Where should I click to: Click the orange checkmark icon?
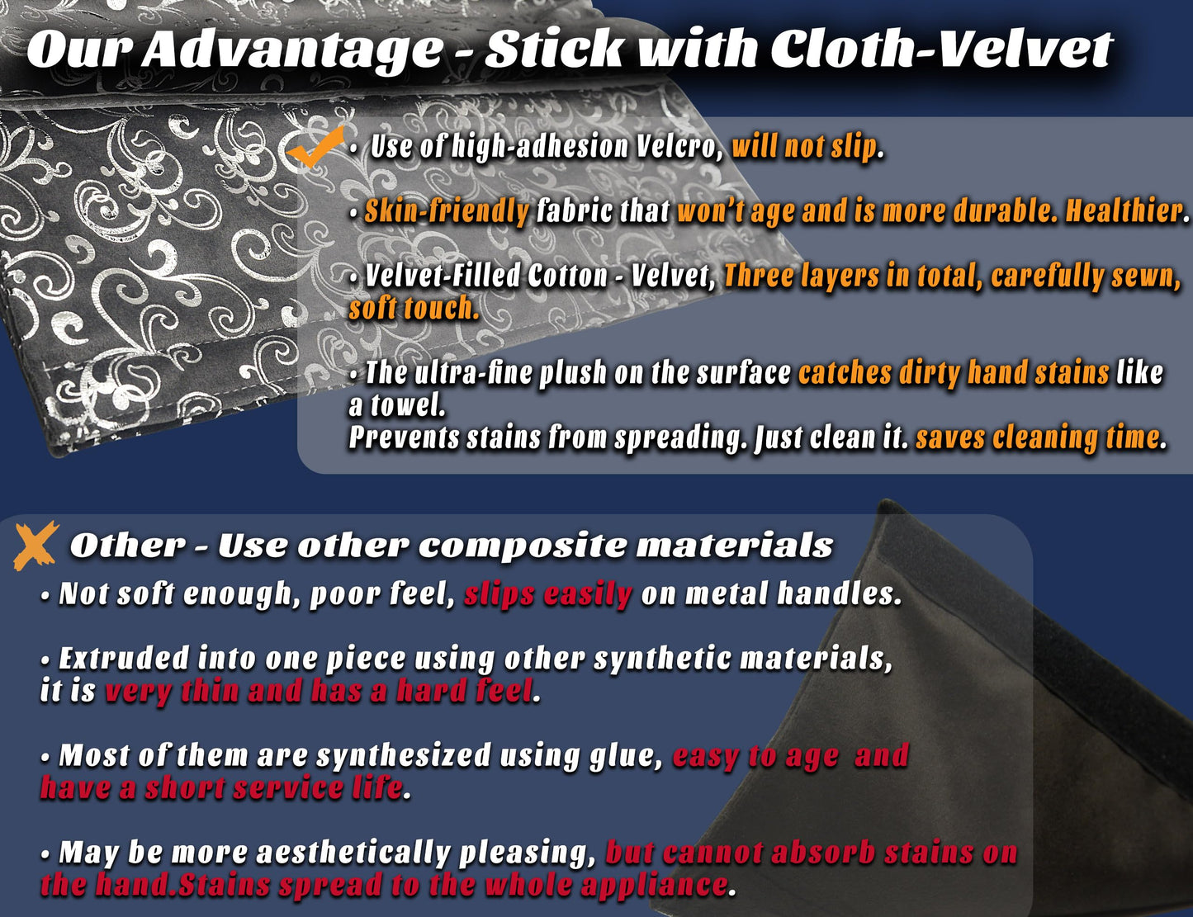tap(315, 148)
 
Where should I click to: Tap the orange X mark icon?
tap(36, 545)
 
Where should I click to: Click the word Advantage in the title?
tap(292, 49)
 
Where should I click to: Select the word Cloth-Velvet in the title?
tap(941, 49)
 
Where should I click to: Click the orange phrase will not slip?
tap(805, 147)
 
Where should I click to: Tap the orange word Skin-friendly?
tap(447, 211)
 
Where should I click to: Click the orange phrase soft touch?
tap(414, 309)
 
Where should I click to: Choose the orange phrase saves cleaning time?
tap(1039, 437)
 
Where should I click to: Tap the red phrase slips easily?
tap(547, 593)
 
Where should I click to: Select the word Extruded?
tap(124, 659)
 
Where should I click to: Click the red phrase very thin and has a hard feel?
tap(320, 691)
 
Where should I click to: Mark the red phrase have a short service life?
tap(221, 788)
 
